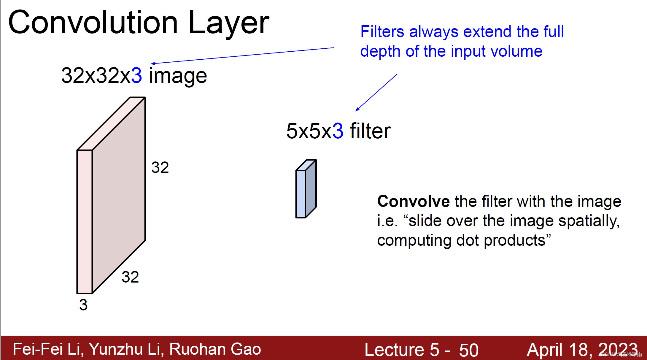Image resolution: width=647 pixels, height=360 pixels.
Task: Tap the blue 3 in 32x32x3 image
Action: [136, 76]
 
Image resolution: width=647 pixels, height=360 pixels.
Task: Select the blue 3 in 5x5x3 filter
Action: [338, 131]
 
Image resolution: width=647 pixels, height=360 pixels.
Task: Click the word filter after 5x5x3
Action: [370, 131]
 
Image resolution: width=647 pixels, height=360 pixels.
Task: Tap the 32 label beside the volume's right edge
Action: [160, 168]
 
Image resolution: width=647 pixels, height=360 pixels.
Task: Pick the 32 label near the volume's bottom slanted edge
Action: [130, 277]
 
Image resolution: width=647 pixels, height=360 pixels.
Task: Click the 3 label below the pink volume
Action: [83, 305]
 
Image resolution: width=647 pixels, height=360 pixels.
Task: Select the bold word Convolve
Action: [414, 202]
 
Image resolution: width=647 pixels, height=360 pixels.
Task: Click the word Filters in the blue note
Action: [382, 32]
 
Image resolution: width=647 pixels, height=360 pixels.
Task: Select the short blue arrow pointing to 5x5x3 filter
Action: [376, 93]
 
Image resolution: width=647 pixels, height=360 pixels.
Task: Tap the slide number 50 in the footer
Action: [469, 350]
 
